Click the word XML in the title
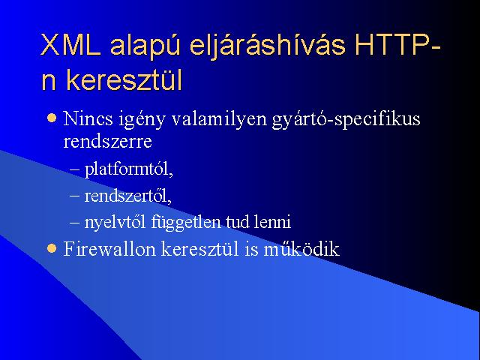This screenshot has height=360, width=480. (71, 44)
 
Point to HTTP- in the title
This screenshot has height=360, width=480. (397, 44)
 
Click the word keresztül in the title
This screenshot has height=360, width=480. (124, 80)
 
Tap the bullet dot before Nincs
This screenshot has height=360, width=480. (52, 118)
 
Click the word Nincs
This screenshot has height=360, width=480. (88, 118)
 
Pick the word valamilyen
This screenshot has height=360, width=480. (219, 118)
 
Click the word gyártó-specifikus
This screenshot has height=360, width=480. (346, 120)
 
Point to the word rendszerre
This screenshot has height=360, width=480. (107, 142)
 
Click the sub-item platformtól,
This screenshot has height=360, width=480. (129, 169)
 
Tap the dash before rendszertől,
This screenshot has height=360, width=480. (75, 195)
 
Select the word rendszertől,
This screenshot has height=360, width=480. (128, 196)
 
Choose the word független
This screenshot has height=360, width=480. (186, 223)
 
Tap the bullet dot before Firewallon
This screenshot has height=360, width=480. (52, 248)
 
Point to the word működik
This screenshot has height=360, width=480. (301, 248)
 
